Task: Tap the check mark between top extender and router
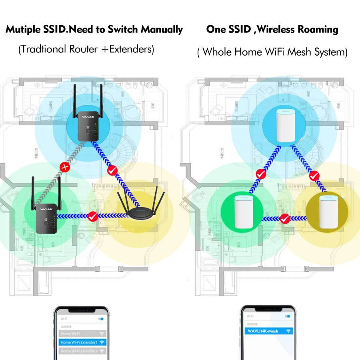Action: (112, 170)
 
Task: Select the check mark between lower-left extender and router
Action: (93, 217)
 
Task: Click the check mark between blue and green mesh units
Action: (261, 174)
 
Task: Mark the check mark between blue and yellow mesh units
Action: (315, 175)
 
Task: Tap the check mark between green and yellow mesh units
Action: (285, 219)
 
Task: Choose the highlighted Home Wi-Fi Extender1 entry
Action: (82, 342)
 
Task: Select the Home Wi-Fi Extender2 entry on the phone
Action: (82, 351)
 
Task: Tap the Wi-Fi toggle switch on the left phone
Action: (102, 319)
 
